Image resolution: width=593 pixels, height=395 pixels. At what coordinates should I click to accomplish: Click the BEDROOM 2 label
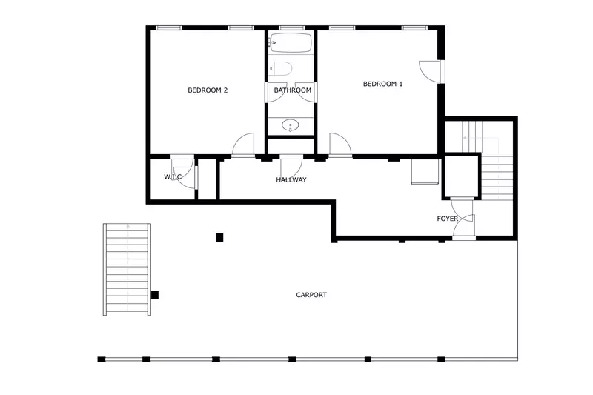tap(208, 90)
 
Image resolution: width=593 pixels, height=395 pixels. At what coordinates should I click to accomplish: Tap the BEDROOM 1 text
tap(382, 84)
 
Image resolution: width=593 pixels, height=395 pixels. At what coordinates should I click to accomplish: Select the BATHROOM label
tap(292, 90)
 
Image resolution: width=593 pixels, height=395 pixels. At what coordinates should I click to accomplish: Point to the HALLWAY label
tap(291, 180)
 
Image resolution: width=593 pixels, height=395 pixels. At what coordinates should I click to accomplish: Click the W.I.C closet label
tap(173, 177)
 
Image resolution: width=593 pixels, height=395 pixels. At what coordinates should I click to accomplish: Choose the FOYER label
tap(447, 219)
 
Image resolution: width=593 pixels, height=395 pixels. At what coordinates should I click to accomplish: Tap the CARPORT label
tap(311, 295)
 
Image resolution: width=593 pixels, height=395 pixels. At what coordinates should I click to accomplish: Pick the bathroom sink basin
tap(291, 125)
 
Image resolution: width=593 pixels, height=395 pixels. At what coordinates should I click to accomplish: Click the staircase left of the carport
tap(127, 268)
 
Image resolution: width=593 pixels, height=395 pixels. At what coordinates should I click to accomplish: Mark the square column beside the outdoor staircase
tap(155, 295)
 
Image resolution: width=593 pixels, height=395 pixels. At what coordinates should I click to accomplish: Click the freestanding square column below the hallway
tap(219, 237)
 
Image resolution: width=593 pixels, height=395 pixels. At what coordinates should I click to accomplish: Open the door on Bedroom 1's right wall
tap(431, 70)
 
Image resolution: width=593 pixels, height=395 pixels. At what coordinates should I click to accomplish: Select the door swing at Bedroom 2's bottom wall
tap(243, 146)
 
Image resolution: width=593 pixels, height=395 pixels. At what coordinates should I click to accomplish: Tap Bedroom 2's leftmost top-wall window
tap(169, 28)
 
